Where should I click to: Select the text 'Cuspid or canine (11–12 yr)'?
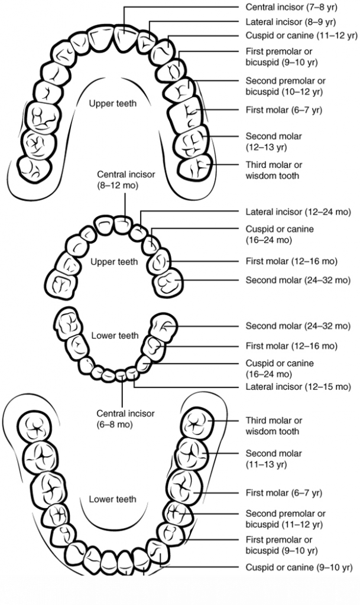301,35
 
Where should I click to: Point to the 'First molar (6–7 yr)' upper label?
284,110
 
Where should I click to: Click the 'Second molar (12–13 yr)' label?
274,141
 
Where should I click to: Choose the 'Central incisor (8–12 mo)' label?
127,180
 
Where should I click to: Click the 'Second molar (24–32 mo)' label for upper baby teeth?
298,280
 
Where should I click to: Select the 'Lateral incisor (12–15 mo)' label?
298,387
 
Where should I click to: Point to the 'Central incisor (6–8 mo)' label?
126,419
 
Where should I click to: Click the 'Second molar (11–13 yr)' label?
274,458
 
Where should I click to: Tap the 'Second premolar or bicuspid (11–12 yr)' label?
286,519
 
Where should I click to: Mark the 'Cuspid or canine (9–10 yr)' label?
299,568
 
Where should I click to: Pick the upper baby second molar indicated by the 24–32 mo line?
168,282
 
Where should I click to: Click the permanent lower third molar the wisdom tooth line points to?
196,424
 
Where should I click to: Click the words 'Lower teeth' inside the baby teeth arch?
115,336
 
